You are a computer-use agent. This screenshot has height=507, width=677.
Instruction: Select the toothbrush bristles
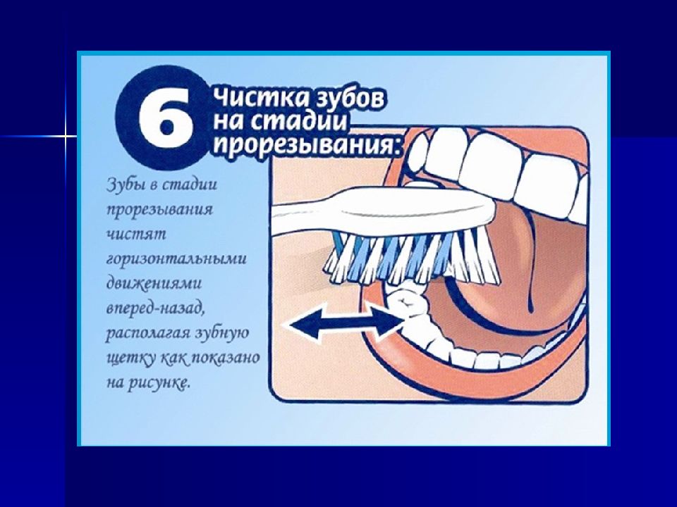click(409, 254)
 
